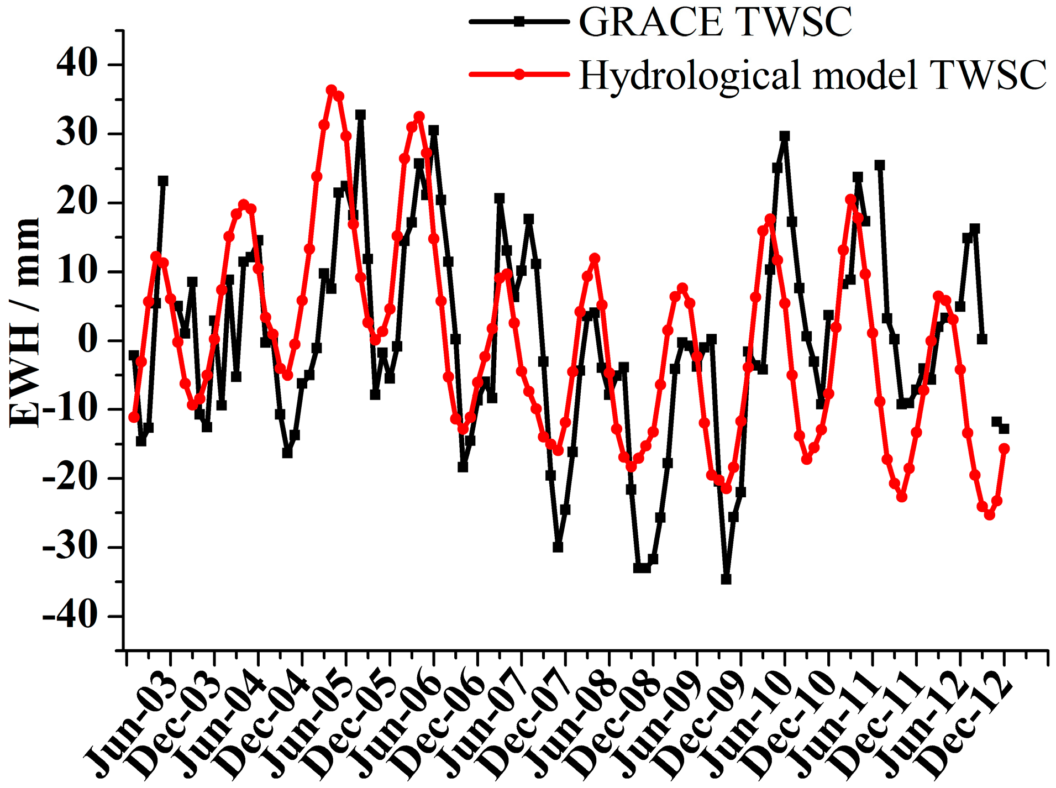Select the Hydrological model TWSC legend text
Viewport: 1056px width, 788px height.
pos(812,75)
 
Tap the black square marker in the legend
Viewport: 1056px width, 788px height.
pos(519,22)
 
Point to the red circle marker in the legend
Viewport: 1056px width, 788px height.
pos(519,74)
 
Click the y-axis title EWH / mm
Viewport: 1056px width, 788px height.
pos(25,323)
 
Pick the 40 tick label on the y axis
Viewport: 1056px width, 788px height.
pos(77,65)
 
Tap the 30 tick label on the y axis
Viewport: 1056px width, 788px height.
pos(77,134)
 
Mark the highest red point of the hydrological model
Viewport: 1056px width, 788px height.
pos(332,90)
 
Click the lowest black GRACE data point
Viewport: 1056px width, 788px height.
pos(726,579)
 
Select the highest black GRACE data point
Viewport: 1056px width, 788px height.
pos(361,115)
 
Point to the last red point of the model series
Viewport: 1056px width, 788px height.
pos(1004,449)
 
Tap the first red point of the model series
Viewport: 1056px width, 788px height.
pos(134,417)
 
